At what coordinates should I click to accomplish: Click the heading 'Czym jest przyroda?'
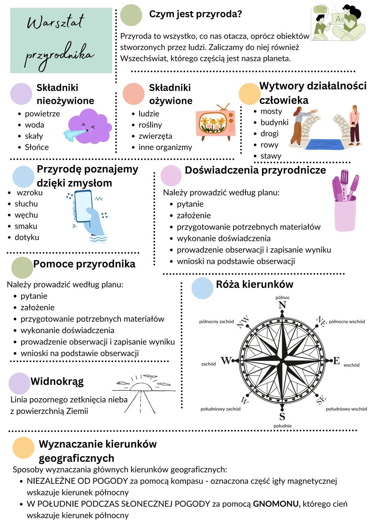click(195, 14)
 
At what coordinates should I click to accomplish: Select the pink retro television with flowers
click(215, 123)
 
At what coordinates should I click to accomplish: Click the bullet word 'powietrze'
click(42, 114)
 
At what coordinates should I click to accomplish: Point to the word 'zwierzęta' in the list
click(155, 136)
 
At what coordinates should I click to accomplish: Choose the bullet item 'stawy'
click(271, 156)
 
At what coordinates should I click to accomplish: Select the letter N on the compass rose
click(282, 305)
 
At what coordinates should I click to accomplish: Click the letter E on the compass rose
click(336, 361)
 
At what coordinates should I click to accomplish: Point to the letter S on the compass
click(282, 416)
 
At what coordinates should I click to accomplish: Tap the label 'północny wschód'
click(347, 322)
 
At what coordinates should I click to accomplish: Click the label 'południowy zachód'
click(221, 409)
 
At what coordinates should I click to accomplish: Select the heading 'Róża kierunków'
click(255, 284)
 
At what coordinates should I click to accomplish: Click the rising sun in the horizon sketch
click(140, 387)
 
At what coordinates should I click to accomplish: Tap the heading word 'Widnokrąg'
click(57, 381)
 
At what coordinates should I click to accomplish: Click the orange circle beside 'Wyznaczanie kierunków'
click(23, 448)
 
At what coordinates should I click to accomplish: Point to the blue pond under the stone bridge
click(325, 144)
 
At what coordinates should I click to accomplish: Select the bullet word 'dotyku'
click(27, 237)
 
